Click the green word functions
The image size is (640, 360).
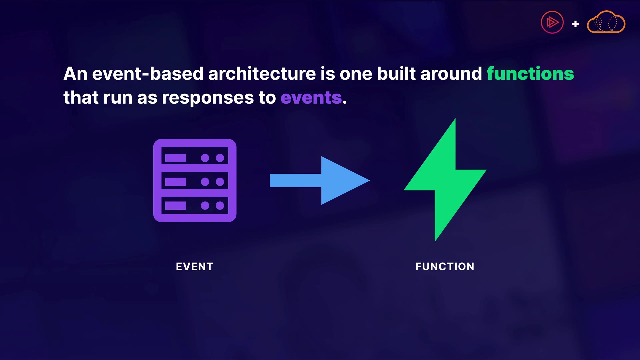pos(530,74)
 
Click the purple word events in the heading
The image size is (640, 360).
pos(311,98)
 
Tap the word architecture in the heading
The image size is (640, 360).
pos(262,74)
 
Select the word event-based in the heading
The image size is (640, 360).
pos(148,74)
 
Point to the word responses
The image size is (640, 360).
pos(208,98)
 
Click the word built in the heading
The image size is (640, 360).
pos(396,74)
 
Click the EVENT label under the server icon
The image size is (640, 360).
pos(194,267)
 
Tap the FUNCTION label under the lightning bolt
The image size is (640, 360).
pos(445,267)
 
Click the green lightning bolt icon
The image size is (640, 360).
pos(445,180)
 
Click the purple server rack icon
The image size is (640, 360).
pos(195,180)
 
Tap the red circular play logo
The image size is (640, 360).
pos(552,22)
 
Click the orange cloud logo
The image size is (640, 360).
pos(606,22)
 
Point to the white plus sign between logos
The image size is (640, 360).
pos(575,24)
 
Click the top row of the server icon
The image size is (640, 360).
pos(195,158)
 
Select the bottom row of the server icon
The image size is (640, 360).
pos(195,205)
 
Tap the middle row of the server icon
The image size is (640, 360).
pos(195,182)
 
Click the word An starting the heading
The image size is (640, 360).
pos(75,74)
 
